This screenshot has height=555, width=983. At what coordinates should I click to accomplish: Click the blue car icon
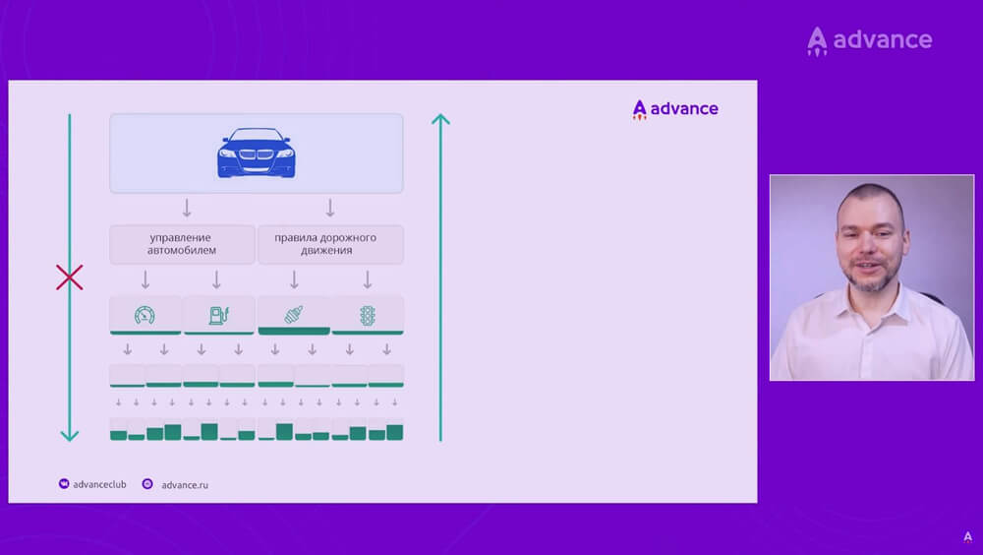click(x=256, y=154)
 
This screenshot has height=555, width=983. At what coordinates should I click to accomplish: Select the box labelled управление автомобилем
click(x=181, y=244)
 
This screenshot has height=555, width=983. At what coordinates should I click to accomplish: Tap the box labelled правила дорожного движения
click(x=329, y=244)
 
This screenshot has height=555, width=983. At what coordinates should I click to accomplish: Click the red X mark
click(x=69, y=277)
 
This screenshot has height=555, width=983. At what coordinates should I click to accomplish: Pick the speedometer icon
click(x=145, y=315)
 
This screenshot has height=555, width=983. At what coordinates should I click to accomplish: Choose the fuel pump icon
click(x=218, y=315)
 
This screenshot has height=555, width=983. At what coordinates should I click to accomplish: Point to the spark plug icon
click(x=294, y=315)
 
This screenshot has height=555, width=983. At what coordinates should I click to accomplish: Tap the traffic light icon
click(x=368, y=315)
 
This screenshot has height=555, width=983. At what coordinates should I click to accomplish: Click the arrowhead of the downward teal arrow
click(x=69, y=434)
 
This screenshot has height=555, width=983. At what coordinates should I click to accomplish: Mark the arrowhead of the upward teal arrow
click(x=440, y=120)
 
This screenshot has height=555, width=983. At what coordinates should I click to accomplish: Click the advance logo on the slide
click(x=675, y=109)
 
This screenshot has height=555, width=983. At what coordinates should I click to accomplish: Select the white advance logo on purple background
click(x=869, y=40)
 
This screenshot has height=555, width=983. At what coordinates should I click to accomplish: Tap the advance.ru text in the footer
click(x=185, y=484)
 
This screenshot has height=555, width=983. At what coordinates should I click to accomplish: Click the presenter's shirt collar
click(x=871, y=305)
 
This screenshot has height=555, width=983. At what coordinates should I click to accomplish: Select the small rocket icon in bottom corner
click(x=967, y=537)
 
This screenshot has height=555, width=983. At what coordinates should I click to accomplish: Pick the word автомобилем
click(x=181, y=251)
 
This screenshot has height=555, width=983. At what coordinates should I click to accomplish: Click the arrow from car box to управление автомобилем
click(x=187, y=209)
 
